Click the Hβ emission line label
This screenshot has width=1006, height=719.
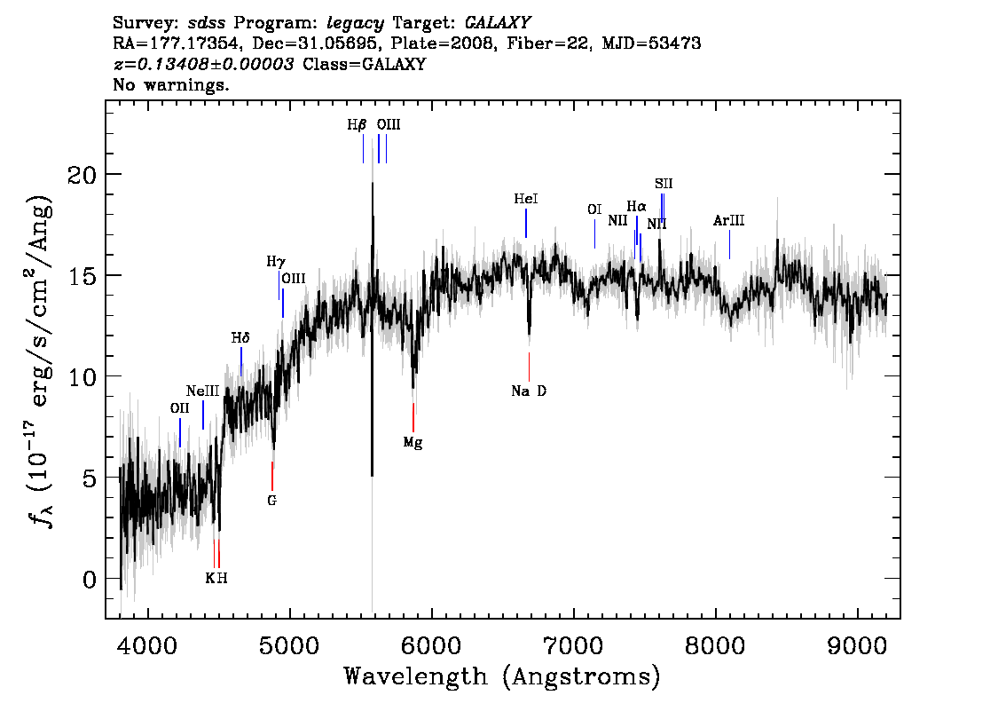pyautogui.click(x=357, y=124)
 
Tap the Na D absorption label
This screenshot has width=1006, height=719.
pyautogui.click(x=529, y=391)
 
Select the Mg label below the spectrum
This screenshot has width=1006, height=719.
pyautogui.click(x=413, y=442)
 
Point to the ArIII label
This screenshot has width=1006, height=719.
pyautogui.click(x=729, y=221)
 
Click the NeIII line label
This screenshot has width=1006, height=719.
pyautogui.click(x=203, y=391)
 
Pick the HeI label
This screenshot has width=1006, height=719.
pyautogui.click(x=526, y=199)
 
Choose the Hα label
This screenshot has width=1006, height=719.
pyautogui.click(x=636, y=207)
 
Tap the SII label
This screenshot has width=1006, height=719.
pyautogui.click(x=664, y=184)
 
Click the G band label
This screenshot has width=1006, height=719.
pyautogui.click(x=272, y=500)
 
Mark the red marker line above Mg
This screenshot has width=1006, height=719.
pyautogui.click(x=413, y=417)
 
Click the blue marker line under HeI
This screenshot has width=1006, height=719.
pyautogui.click(x=526, y=224)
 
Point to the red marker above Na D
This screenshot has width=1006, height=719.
pyautogui.click(x=530, y=367)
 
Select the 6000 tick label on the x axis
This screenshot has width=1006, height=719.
pyautogui.click(x=431, y=645)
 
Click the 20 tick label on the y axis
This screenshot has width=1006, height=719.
pyautogui.click(x=83, y=174)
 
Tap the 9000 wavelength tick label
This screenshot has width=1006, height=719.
pyautogui.click(x=857, y=645)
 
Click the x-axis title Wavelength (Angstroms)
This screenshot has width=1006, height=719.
pyautogui.click(x=502, y=676)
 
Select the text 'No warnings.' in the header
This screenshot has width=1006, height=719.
pyautogui.click(x=170, y=84)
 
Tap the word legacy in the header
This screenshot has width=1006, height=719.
pyautogui.click(x=356, y=24)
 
